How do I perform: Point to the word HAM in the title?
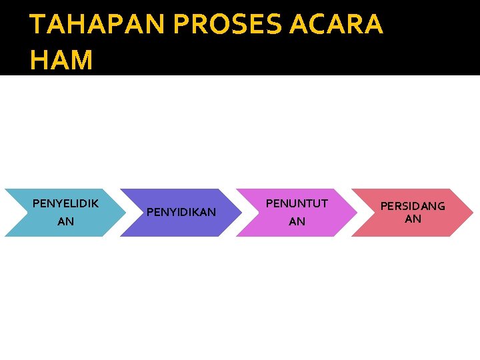(61, 60)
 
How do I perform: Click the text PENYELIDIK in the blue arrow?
(65, 203)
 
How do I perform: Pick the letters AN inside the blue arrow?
(65, 221)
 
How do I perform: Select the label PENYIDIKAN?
(181, 212)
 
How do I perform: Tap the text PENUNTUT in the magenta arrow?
(297, 203)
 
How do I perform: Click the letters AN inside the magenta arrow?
(297, 221)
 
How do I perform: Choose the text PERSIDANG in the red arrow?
(413, 206)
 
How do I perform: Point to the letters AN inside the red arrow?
(413, 219)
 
